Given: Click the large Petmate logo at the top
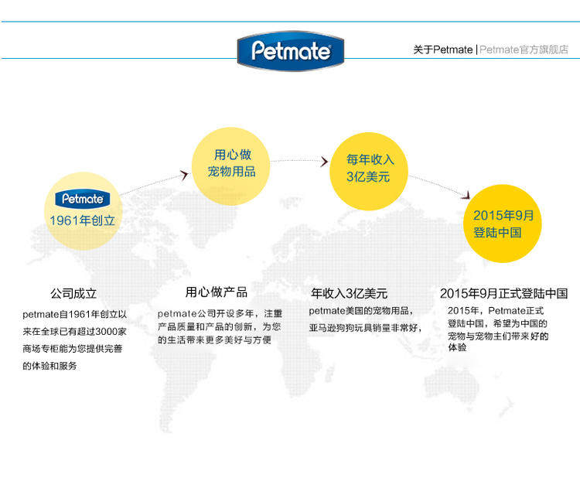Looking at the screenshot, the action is pos(290,52).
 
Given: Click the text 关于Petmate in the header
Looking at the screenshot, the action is pos(442,49).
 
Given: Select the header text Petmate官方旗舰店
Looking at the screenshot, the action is pos(524,49).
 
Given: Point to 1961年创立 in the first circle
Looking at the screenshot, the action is pos(82,220).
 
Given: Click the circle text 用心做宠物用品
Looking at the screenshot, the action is pos(232,163).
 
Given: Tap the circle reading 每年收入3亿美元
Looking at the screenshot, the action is pos(370,168).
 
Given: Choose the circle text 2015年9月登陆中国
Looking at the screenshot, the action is pos(503,224).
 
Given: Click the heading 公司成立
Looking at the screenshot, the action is pos(73,294).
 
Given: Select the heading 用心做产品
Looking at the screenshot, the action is pos(216,292).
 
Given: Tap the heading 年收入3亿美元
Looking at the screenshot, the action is pos(349,294).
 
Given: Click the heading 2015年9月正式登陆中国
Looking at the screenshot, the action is pos(503,294).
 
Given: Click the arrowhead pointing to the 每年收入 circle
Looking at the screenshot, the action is pos(324,162).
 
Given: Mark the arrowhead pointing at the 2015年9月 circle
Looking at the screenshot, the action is pos(467,196).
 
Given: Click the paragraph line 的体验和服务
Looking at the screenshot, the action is pos(50,365).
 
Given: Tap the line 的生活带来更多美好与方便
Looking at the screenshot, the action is pos(214,340).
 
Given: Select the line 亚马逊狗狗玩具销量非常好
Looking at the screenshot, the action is pos(366,328).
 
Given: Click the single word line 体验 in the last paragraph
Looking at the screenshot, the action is pos(457,348).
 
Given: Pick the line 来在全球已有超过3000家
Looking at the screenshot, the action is pos(74,331).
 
